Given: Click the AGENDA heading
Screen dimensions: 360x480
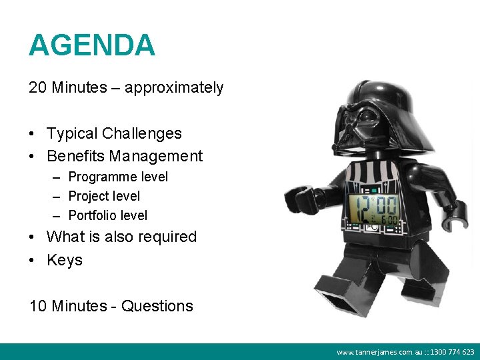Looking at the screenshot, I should click(x=92, y=45).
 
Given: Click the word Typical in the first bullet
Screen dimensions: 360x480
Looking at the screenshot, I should click(x=72, y=133).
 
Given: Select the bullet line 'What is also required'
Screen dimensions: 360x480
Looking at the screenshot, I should click(x=121, y=237).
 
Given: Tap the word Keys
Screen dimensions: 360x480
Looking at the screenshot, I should click(x=65, y=260).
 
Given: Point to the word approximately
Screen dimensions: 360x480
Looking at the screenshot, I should click(x=173, y=87).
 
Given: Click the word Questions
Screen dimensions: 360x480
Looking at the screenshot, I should click(x=157, y=306).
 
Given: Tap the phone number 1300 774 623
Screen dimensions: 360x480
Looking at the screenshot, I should click(x=451, y=352).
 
